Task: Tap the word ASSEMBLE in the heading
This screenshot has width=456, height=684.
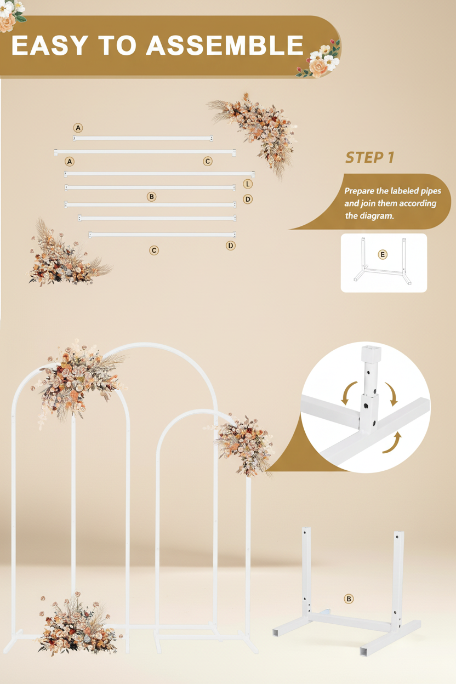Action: (225, 45)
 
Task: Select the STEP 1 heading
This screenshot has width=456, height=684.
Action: (370, 158)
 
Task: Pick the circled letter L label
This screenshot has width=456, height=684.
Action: (248, 184)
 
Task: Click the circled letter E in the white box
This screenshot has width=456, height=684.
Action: (383, 254)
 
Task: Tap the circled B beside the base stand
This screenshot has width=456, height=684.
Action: (349, 599)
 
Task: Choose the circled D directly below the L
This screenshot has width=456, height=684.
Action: (248, 199)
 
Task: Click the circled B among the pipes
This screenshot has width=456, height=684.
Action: (152, 196)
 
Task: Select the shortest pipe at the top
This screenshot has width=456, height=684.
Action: (142, 138)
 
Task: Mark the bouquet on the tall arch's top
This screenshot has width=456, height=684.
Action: (79, 378)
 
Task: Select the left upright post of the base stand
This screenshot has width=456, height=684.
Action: (306, 570)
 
